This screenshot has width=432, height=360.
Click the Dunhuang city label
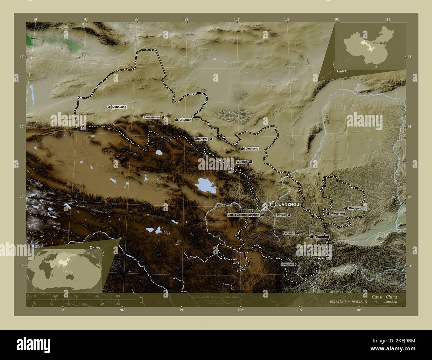pos(120,107)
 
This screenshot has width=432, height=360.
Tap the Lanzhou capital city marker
pos(273,204)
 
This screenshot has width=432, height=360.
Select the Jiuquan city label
pos(185,120)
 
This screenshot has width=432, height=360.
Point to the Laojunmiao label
pos(152,117)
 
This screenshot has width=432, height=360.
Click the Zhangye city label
pos(201,139)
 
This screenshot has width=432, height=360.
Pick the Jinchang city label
pos(252,148)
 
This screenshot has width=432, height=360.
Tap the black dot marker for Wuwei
pos(251,161)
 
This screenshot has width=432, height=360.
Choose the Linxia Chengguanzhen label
pos(243,215)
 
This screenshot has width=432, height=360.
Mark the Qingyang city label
pos(356,208)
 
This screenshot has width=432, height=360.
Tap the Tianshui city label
pos(322,236)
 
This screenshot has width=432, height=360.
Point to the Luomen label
pos(288,233)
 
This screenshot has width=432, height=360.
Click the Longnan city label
pos(287,264)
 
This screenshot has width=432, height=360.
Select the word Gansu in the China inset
pos(343,71)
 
